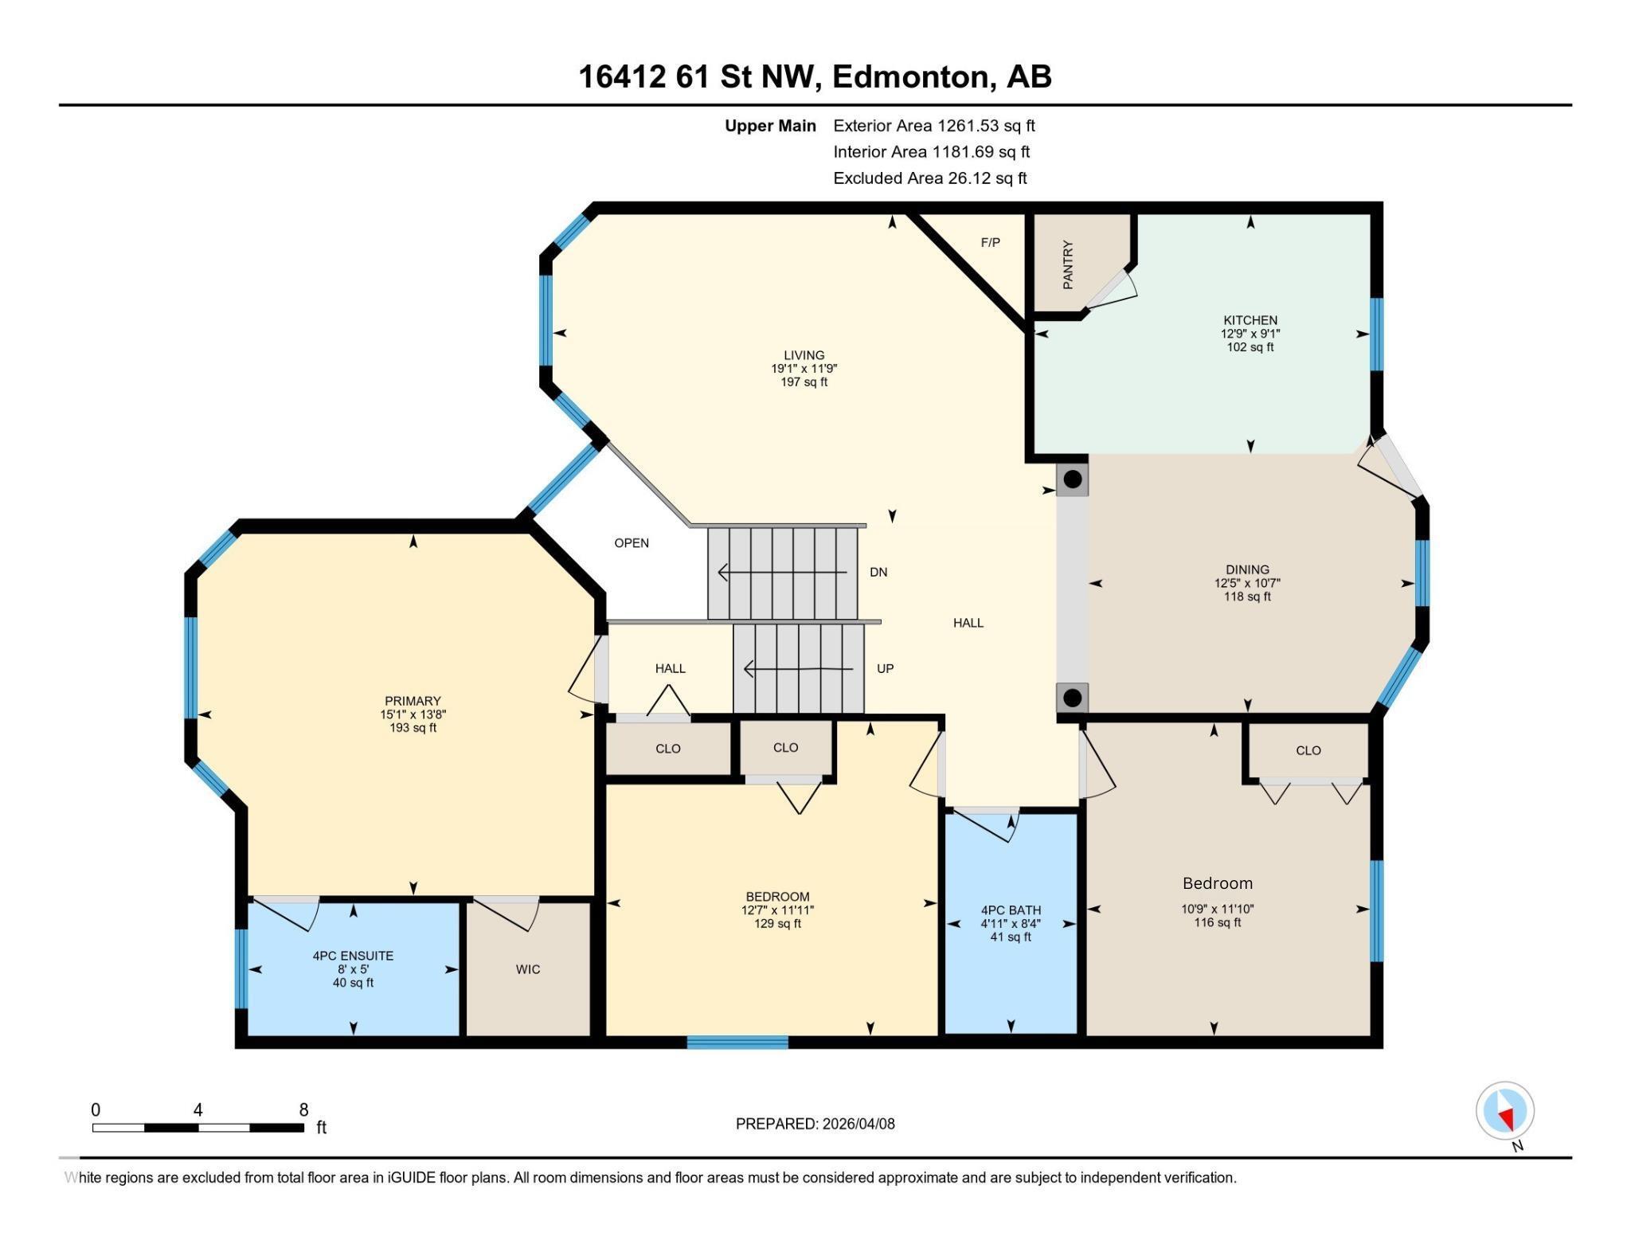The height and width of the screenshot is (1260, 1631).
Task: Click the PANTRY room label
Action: coord(1068,264)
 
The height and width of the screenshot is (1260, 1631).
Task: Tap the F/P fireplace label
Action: coord(990,242)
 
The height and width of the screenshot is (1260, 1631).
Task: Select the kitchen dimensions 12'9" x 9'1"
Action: coord(1250,334)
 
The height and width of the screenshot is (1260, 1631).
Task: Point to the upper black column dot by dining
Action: coord(1073,479)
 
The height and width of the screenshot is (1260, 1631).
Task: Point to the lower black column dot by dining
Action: coord(1073,698)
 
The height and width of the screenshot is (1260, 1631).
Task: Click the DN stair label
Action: coord(878,572)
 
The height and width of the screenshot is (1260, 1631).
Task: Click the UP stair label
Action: coord(885,668)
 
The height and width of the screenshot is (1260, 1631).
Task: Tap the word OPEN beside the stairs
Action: coord(632,543)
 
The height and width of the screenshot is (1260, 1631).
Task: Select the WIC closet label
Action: coord(527,969)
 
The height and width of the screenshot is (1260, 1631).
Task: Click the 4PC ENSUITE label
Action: coord(353,956)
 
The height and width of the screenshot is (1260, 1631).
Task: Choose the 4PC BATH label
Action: coord(1011,910)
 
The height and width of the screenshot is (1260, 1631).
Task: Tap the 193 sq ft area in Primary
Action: coord(413,728)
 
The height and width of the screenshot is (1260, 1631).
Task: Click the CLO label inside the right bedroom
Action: coord(1308,750)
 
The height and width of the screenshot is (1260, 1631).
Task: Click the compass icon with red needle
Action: coord(1504,1110)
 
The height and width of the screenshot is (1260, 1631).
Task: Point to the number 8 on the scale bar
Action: coord(303,1110)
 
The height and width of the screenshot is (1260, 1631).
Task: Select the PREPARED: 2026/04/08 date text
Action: coord(815,1124)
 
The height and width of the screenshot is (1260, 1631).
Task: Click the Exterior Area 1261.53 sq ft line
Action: coord(933,126)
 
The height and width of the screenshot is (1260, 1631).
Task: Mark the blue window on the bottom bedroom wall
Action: coord(737,1042)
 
